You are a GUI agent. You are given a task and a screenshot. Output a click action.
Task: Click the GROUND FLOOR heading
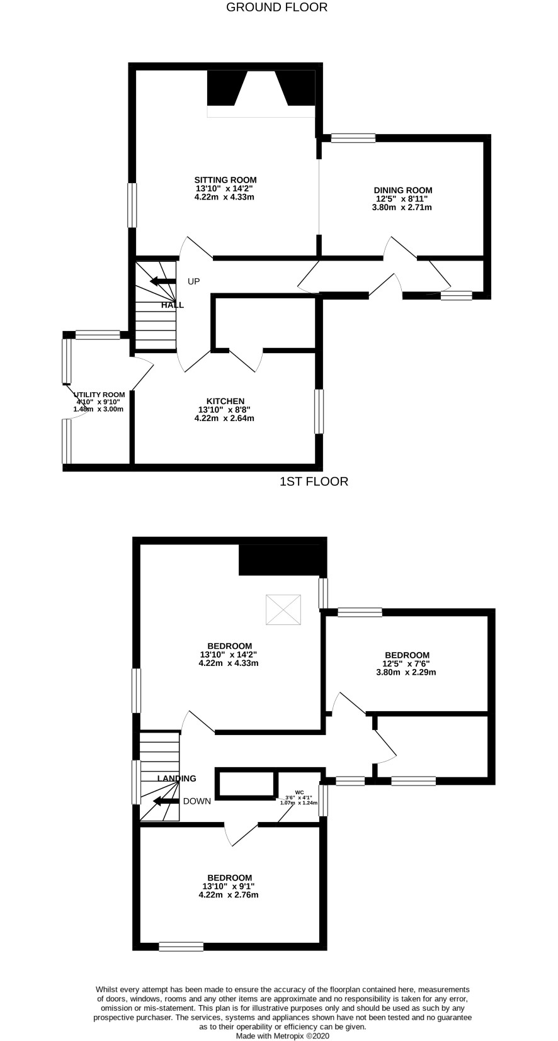click(276, 8)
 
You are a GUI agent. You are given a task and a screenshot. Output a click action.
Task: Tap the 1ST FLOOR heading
click(314, 481)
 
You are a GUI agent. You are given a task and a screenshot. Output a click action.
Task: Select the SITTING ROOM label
click(225, 180)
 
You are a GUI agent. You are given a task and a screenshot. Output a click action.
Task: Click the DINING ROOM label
click(403, 190)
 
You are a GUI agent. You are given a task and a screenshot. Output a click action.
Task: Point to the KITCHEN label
click(225, 401)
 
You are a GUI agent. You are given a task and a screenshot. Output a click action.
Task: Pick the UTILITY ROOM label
click(100, 395)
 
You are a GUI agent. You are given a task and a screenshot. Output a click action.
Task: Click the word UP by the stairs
click(193, 281)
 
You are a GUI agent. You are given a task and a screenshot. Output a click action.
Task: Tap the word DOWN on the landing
click(197, 801)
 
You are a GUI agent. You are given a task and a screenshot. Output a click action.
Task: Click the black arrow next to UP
click(162, 281)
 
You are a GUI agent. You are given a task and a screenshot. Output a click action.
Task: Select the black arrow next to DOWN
click(166, 801)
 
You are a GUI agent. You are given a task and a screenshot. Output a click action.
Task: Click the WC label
click(299, 792)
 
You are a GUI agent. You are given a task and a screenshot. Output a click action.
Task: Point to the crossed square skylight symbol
click(283, 610)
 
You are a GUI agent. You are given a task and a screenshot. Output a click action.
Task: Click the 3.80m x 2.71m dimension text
click(402, 207)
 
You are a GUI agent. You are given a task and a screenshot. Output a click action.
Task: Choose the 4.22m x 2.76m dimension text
click(229, 894)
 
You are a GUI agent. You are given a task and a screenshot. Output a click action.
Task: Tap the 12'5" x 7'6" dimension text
click(403, 663)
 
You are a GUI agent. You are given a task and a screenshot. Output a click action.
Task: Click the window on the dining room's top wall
click(353, 138)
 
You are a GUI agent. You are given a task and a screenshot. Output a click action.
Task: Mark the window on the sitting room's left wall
click(132, 205)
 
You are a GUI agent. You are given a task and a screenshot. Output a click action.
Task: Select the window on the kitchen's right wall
click(319, 412)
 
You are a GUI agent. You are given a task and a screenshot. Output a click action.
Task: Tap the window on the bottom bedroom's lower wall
click(181, 946)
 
